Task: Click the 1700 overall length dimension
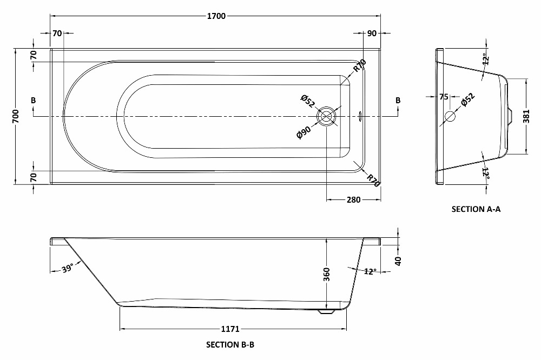216,16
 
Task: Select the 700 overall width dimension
16,117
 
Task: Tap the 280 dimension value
354,199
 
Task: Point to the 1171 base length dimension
230,329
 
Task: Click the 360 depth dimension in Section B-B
326,275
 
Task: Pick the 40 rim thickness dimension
398,261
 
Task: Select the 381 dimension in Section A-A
526,117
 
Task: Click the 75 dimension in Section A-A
444,97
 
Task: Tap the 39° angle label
68,268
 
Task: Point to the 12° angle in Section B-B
370,271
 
